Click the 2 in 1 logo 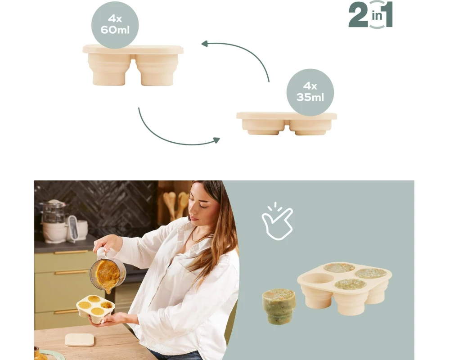tap(370, 15)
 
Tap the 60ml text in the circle tap(115, 30)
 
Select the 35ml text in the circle tap(310, 97)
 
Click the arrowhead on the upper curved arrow tap(205, 44)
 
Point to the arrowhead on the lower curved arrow tap(216, 140)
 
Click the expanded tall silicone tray tap(133, 65)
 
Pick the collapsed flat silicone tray tap(286, 123)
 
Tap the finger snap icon tap(277, 221)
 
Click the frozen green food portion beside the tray tap(279, 306)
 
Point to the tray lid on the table tap(79, 340)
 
